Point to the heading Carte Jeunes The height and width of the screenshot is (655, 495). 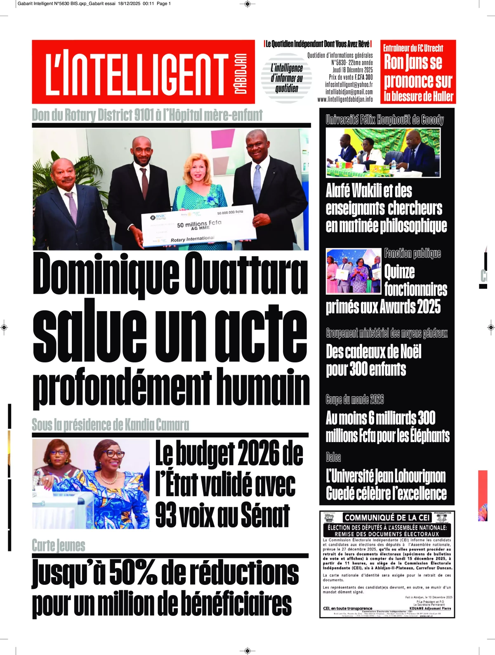[x=59, y=546]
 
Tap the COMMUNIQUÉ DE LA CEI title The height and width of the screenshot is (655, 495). [x=387, y=518]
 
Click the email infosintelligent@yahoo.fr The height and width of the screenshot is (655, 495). [x=349, y=85]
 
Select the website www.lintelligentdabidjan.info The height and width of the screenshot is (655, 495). [x=345, y=99]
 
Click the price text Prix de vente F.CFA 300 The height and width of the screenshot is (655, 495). [x=351, y=77]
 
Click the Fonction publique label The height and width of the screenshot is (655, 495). [x=412, y=253]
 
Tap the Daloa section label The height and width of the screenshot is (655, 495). [x=333, y=457]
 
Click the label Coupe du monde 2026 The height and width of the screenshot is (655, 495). [x=355, y=399]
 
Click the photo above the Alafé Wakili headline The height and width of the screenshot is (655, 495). [x=383, y=152]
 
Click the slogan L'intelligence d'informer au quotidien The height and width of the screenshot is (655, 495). [x=287, y=78]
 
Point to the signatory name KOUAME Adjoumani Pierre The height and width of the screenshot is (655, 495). [x=430, y=608]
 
